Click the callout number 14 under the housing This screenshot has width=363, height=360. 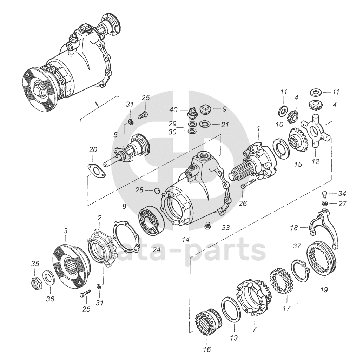[186, 239]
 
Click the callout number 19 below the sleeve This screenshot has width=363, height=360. [324, 289]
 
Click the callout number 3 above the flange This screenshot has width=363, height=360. [66, 231]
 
